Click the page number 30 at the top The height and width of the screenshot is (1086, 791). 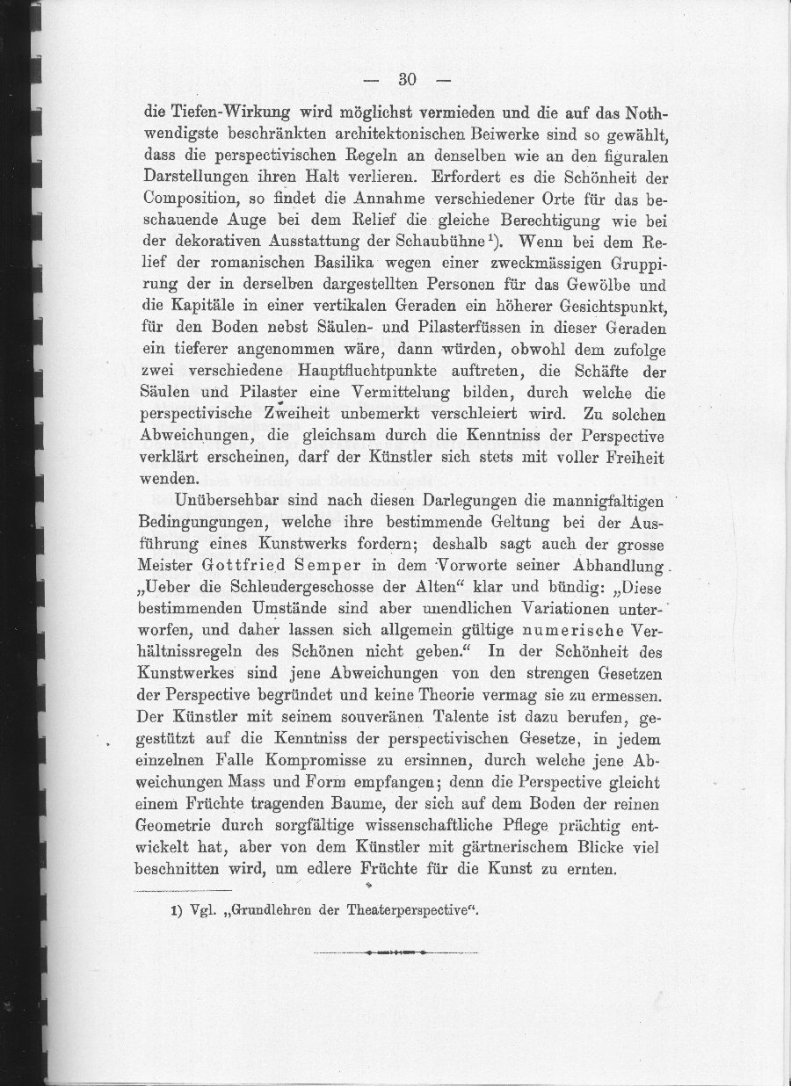point(405,80)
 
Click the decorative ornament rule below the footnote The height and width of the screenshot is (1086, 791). point(395,952)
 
